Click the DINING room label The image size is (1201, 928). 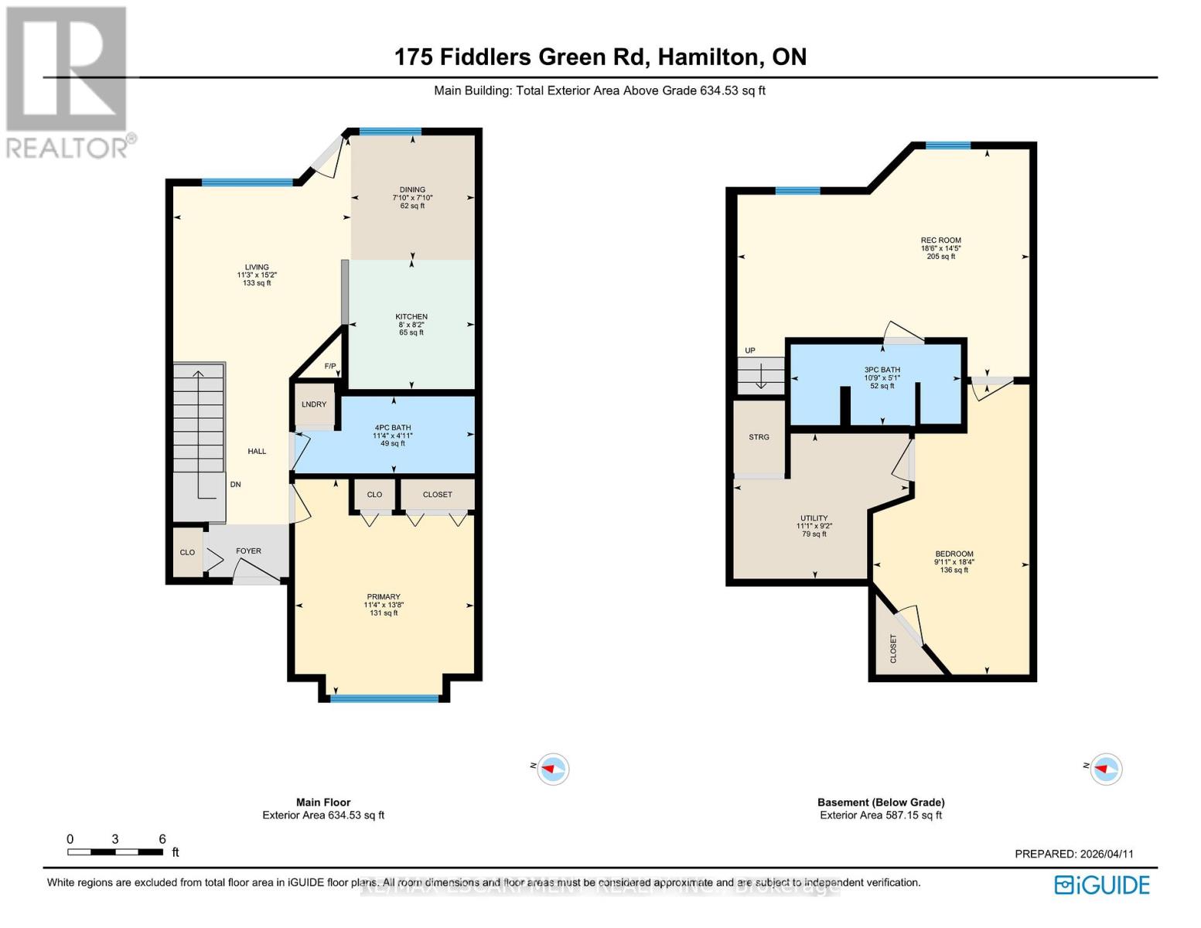(412, 190)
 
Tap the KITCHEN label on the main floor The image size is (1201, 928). (411, 317)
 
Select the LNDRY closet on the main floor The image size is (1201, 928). (314, 404)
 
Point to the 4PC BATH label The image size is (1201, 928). (393, 428)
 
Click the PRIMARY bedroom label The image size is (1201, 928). (384, 597)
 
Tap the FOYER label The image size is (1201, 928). (248, 551)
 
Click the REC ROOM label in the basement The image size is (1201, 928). (940, 241)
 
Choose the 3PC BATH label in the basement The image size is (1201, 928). (882, 370)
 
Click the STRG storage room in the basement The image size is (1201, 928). (759, 438)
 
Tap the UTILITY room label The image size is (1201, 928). (814, 518)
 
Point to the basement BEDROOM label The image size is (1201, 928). (954, 554)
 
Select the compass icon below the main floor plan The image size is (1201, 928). (552, 769)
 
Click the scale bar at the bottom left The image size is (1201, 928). (115, 852)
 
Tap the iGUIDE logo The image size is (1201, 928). (1102, 885)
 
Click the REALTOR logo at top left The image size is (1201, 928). (68, 81)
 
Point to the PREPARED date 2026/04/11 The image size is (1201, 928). (1073, 854)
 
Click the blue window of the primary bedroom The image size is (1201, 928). (384, 698)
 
